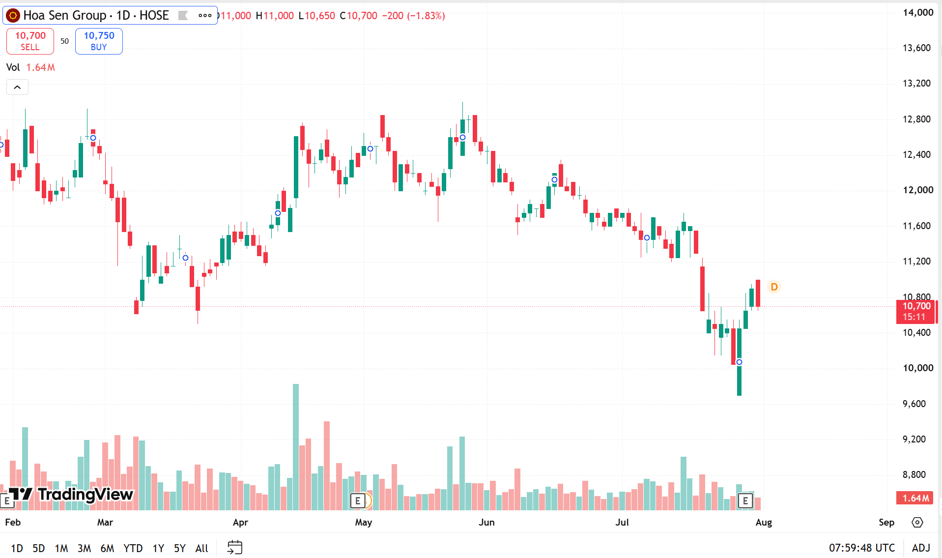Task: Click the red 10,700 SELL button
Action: pos(30,41)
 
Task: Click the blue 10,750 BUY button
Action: pos(99,41)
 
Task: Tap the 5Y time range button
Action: pos(179,548)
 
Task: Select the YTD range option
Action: pos(133,548)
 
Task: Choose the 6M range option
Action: pos(107,548)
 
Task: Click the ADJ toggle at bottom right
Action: pos(921,548)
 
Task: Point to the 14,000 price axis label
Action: pos(918,13)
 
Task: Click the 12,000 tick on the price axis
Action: pos(918,190)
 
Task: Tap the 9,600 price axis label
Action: pos(914,404)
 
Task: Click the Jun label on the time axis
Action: pos(486,522)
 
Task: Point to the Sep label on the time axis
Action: pos(886,522)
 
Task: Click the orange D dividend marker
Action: pos(774,287)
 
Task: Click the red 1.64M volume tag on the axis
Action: pos(915,498)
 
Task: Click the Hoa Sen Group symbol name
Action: pos(65,15)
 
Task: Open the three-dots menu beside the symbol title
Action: pos(205,15)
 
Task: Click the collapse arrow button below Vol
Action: pos(17,87)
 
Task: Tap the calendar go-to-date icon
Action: pos(235,548)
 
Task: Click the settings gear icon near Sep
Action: pos(917,522)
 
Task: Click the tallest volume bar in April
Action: pos(296,447)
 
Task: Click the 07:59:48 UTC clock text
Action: pos(862,548)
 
